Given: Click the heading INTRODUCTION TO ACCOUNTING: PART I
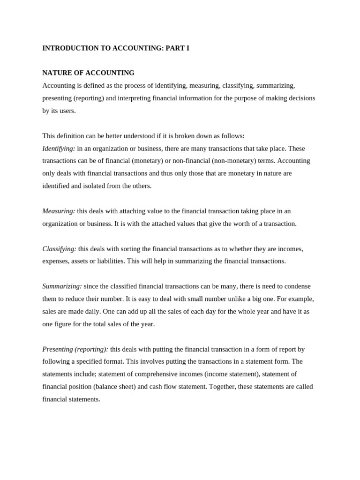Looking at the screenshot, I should tap(116, 48).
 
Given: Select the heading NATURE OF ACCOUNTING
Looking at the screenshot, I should tap(88, 73).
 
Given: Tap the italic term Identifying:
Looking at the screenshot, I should tap(59, 149).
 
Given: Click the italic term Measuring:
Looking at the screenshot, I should tap(59, 211).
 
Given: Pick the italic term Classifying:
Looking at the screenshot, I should tap(59, 249).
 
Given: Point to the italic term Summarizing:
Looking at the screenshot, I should tap(62, 286).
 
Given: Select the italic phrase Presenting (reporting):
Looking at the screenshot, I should tap(75, 349).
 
